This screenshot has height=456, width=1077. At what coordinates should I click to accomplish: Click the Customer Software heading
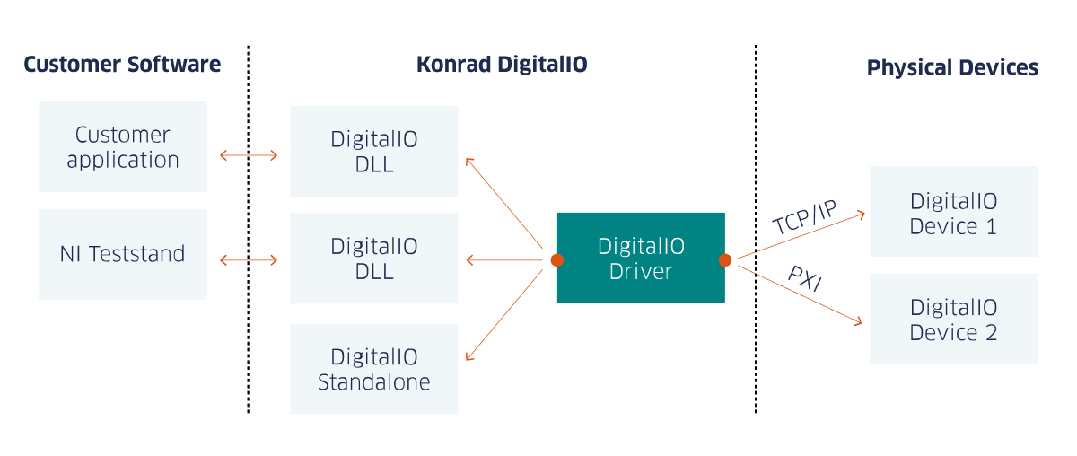122,65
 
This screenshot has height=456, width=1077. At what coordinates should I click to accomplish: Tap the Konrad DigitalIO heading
502,65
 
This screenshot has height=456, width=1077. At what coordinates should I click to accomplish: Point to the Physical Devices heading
952,68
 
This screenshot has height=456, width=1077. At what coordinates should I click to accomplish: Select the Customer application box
123,146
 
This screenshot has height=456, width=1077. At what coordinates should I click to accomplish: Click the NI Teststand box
123,254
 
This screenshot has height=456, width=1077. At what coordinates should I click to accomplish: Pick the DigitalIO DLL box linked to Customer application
374,151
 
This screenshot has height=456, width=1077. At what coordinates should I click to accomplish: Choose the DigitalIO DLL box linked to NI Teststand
374,259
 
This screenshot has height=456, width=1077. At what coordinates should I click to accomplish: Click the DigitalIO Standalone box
374,369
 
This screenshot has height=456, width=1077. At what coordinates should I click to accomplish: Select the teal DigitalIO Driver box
641,258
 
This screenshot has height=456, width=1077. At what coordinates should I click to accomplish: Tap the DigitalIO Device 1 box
953,212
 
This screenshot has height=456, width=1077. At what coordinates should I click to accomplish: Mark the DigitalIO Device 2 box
953,319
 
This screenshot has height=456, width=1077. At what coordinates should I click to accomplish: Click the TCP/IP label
804,217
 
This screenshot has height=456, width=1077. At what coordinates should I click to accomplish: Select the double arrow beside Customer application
249,154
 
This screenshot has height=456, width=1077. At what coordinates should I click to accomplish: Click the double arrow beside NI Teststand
249,261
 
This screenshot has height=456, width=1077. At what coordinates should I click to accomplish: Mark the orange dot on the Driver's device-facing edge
725,260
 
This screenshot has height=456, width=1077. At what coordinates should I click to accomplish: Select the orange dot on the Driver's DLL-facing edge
556,260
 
